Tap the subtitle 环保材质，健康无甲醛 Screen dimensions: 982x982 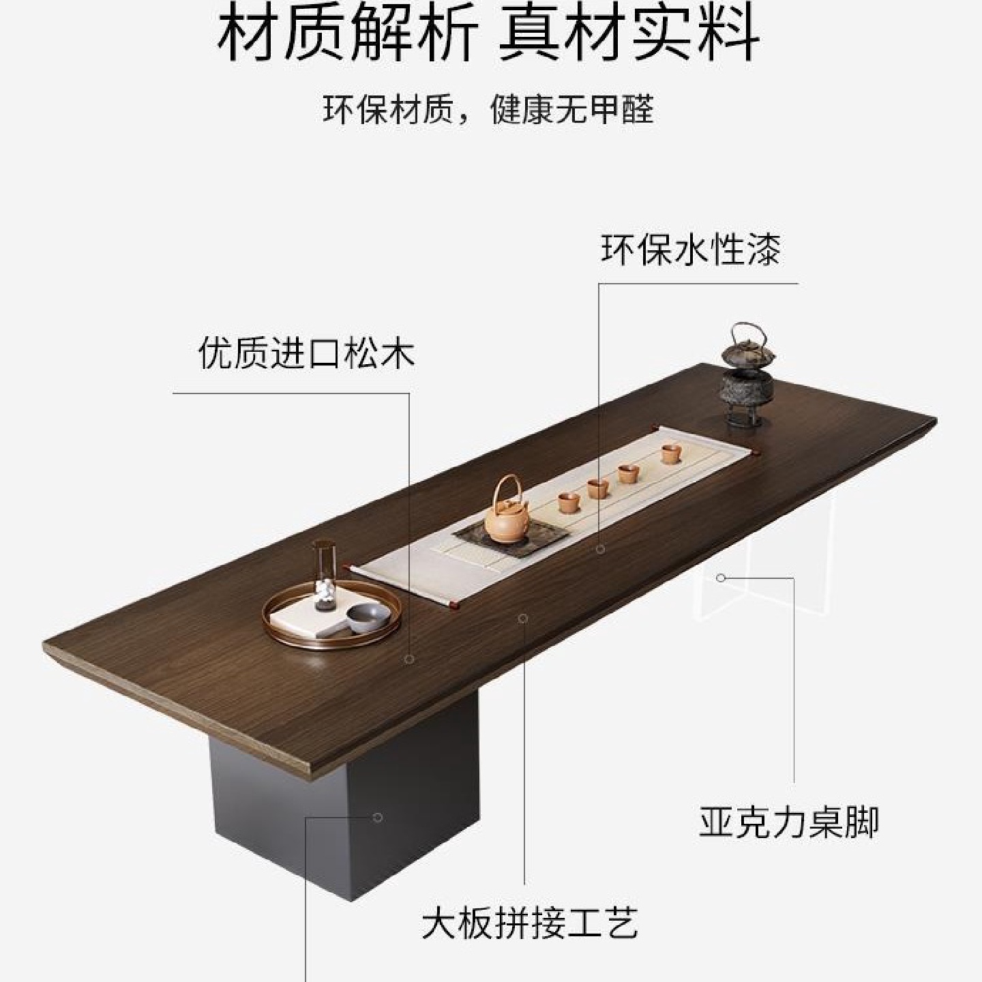tap(488, 109)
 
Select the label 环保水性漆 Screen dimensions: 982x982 tap(690, 250)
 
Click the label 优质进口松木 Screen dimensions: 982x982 tap(306, 354)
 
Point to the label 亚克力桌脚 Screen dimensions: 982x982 tap(789, 822)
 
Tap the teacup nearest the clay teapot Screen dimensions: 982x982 tap(568, 503)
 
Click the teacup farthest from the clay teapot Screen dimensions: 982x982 tap(671, 453)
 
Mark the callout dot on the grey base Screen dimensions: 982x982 tap(378, 817)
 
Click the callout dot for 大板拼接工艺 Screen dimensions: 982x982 tap(523, 619)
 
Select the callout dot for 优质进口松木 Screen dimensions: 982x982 tap(409, 659)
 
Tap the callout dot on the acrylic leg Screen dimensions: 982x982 tap(721, 578)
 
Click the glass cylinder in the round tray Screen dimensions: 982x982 tap(324, 571)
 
